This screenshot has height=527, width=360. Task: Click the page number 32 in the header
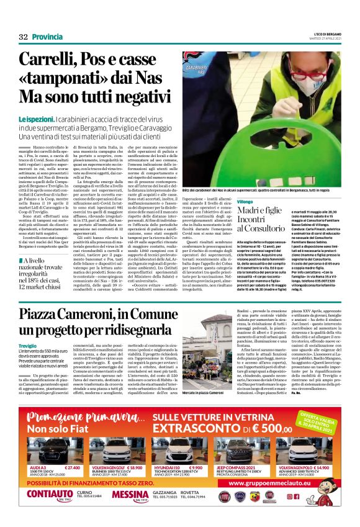click(24, 37)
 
